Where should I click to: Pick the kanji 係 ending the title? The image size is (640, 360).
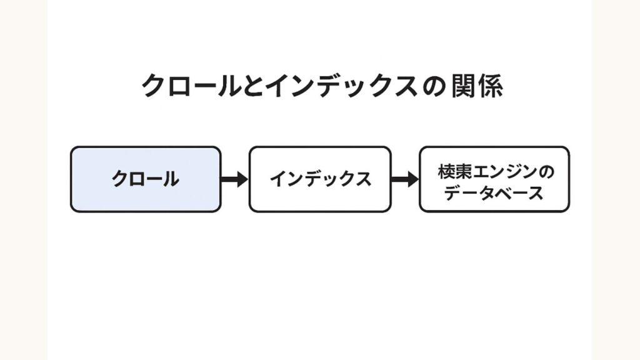[x=491, y=86]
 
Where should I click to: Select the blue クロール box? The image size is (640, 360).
[x=145, y=179]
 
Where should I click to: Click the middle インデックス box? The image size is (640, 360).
[x=320, y=179]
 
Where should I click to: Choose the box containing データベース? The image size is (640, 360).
[x=494, y=179]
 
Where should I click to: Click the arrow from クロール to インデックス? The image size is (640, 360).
[x=234, y=179]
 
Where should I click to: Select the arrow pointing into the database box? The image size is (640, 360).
[x=405, y=179]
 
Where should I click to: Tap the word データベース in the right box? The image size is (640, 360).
[x=494, y=193]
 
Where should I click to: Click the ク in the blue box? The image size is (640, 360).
[x=120, y=179]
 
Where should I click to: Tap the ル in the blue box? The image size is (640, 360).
[x=171, y=179]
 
